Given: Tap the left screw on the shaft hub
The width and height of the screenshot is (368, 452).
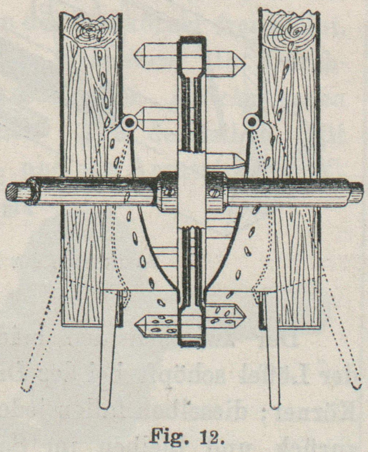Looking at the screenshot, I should [168, 191].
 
